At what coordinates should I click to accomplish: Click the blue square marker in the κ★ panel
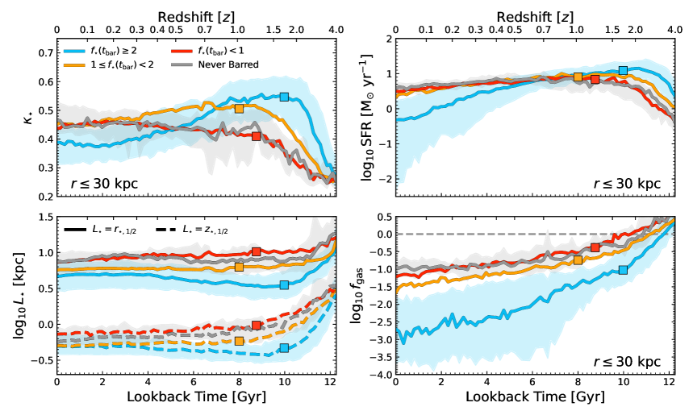pyautogui.click(x=284, y=97)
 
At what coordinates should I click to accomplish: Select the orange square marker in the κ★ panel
pyautogui.click(x=239, y=108)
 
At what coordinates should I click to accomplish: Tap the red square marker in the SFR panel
pyautogui.click(x=595, y=79)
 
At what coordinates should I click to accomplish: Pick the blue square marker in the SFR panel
pyautogui.click(x=623, y=71)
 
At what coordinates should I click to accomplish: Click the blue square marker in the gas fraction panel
pyautogui.click(x=623, y=270)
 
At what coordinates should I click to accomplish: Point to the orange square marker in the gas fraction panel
pyautogui.click(x=578, y=259)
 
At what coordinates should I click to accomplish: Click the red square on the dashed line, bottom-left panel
pyautogui.click(x=256, y=326)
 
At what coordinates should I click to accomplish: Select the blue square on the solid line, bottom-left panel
pyautogui.click(x=284, y=285)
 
